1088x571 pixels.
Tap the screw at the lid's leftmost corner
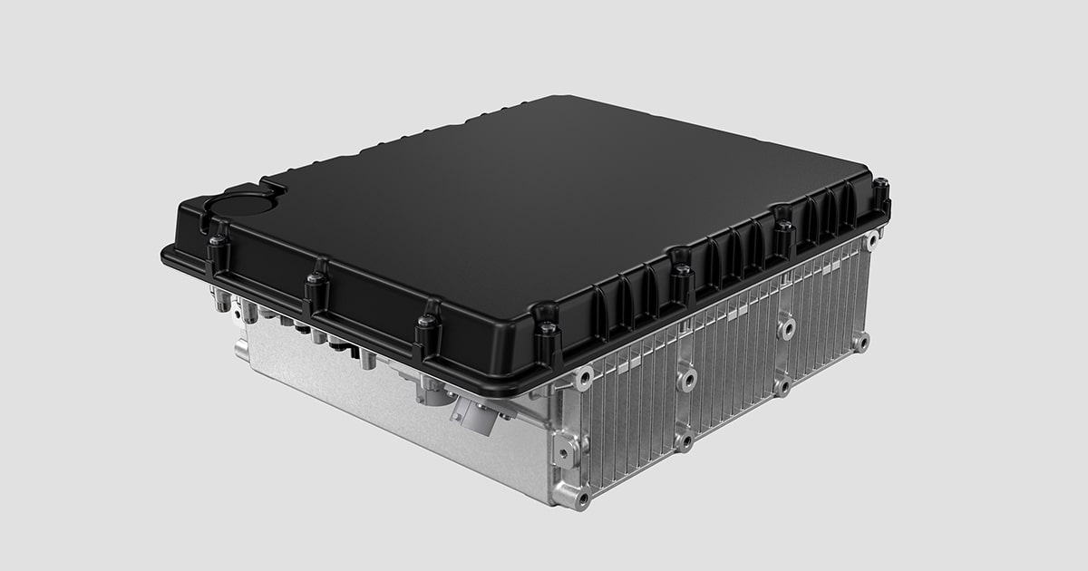click(x=217, y=243)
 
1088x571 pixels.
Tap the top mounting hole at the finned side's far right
click(x=871, y=241)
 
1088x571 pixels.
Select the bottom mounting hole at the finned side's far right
click(x=860, y=341)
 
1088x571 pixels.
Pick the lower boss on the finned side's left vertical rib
click(x=684, y=441)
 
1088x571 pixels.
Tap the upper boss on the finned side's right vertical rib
click(x=785, y=325)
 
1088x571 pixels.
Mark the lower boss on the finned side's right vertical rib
click(x=782, y=386)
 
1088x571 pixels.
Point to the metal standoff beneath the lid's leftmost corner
click(x=222, y=300)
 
